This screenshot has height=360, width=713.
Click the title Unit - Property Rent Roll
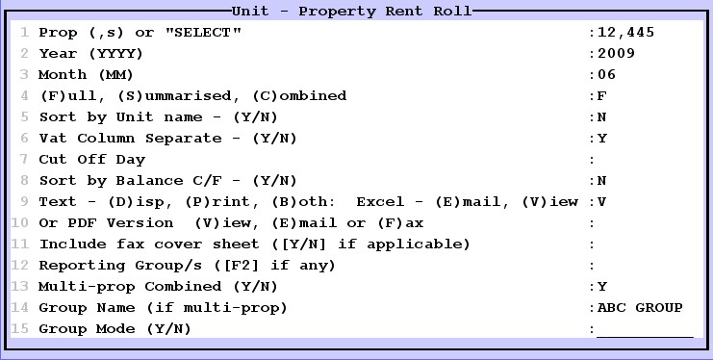(x=351, y=12)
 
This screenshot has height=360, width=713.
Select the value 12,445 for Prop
(x=625, y=33)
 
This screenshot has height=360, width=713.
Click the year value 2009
(x=616, y=54)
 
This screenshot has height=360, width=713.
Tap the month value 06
(x=606, y=75)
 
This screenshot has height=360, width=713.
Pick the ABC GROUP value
(x=640, y=308)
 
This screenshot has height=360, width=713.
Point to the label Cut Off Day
(x=91, y=160)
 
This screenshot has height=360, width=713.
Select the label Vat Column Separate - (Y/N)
(x=167, y=139)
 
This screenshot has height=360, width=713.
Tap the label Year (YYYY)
(x=91, y=54)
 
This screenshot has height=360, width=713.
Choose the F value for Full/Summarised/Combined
(x=602, y=96)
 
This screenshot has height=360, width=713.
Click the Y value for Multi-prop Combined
(x=602, y=287)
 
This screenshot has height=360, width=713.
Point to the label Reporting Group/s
(x=187, y=266)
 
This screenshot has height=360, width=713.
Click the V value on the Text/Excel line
(x=602, y=202)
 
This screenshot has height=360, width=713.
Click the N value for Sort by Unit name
(x=602, y=117)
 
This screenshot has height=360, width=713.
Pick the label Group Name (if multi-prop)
(x=164, y=308)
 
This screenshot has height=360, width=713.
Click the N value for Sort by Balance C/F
(x=602, y=181)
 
